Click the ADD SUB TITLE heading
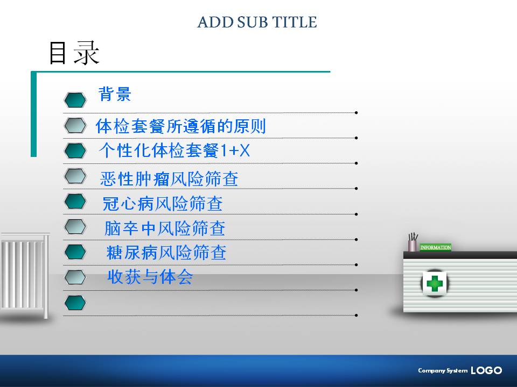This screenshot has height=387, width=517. point(257,22)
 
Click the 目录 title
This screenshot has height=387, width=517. point(74,53)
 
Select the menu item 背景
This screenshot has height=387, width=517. point(115,94)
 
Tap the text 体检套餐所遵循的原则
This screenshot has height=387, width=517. point(181,126)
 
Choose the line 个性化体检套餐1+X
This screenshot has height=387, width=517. point(174,150)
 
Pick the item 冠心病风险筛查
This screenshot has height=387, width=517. point(163,204)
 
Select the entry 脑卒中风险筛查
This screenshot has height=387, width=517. point(165,228)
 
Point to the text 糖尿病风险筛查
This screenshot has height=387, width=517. point(166,253)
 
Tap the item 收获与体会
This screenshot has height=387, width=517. point(150,277)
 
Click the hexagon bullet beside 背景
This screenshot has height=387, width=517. point(75,100)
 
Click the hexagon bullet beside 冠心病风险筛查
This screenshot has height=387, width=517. point(75,202)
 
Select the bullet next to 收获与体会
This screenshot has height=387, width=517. point(75,277)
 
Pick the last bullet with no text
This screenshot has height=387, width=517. point(75,303)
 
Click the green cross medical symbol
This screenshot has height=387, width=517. point(435,283)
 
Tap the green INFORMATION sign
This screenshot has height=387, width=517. point(435,247)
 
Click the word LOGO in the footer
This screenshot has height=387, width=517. point(486,370)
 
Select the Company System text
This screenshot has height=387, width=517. point(443,370)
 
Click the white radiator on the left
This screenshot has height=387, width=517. point(25,275)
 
